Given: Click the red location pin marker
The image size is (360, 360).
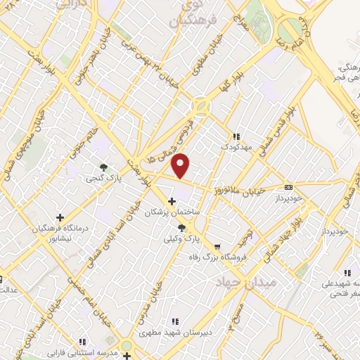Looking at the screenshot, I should pos(181,165).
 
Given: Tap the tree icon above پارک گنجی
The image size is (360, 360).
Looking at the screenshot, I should pos(104,167).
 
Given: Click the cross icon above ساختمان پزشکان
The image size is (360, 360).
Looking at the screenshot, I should pos(172,202).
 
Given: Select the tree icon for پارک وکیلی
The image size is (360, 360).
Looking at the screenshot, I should pos(182,228).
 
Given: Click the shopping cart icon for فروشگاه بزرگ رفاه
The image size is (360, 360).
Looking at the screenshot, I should pos(217,247).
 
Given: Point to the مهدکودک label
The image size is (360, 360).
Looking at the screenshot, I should pos(236,148).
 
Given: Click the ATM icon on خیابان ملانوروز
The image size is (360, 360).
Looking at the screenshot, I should pos(288,188).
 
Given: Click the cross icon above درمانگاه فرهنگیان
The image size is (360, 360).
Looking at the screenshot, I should pos(59,217).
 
